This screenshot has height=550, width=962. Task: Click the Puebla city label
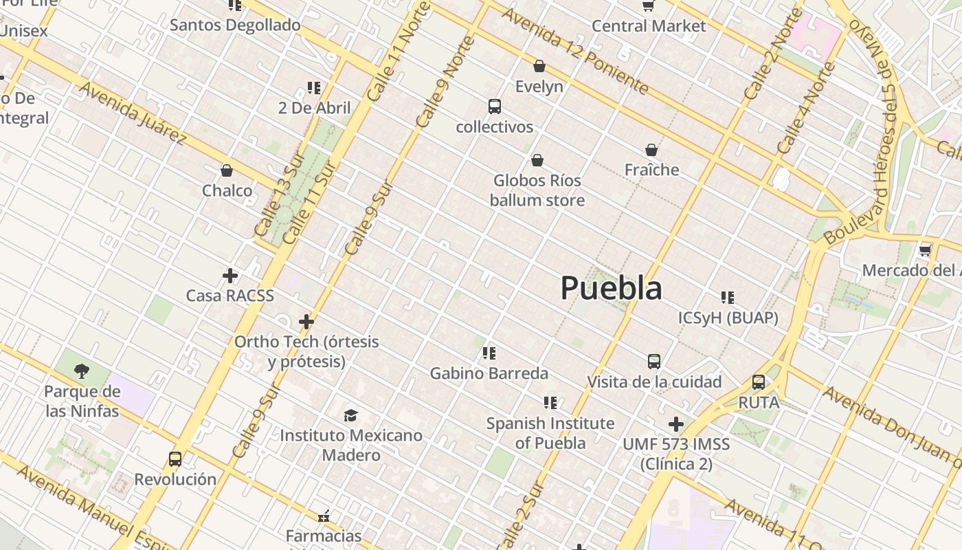click(x=611, y=287)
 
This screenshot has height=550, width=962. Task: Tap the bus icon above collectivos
click(x=494, y=107)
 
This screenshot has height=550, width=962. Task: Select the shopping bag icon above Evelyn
click(x=539, y=66)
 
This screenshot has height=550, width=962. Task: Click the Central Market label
click(x=649, y=26)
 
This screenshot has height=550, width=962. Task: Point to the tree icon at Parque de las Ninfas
click(x=82, y=371)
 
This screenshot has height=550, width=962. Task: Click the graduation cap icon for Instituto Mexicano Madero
click(x=351, y=415)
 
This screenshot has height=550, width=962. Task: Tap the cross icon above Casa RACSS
click(x=230, y=276)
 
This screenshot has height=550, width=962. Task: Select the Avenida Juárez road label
click(x=133, y=113)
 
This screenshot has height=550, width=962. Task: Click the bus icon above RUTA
click(x=759, y=382)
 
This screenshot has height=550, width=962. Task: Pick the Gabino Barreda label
click(x=489, y=373)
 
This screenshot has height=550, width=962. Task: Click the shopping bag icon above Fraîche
click(x=651, y=149)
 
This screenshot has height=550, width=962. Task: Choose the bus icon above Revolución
click(x=175, y=459)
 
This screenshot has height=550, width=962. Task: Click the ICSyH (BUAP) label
click(x=728, y=318)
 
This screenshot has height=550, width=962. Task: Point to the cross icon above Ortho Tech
click(x=306, y=321)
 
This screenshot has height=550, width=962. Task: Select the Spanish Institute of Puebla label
click(x=550, y=433)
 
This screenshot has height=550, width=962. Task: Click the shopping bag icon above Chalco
click(x=227, y=170)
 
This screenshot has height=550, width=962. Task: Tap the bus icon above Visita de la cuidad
click(x=654, y=361)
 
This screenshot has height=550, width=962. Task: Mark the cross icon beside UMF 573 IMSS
click(x=676, y=424)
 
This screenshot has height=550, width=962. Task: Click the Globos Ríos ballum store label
click(x=537, y=190)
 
